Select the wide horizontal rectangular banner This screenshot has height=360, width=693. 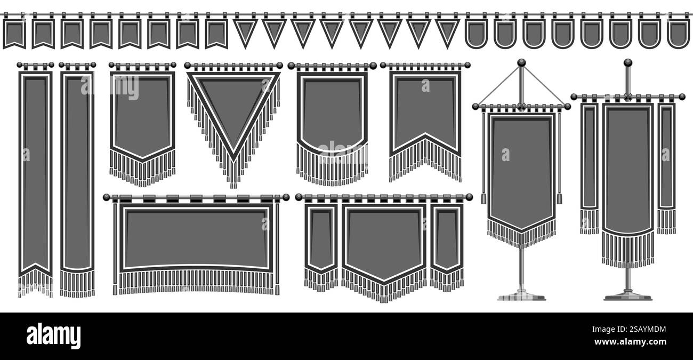pyautogui.click(x=196, y=237)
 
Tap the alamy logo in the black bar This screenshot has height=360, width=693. pyautogui.click(x=53, y=336)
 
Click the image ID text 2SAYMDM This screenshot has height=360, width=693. pyautogui.click(x=639, y=330)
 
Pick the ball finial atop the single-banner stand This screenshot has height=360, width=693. pyautogui.click(x=521, y=63)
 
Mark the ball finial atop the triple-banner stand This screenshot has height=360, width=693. pyautogui.click(x=627, y=62)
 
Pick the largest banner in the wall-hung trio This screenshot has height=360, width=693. pyautogui.click(x=384, y=243)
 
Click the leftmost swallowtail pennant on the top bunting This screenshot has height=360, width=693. pyautogui.click(x=14, y=33)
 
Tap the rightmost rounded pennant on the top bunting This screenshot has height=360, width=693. pyautogui.click(x=678, y=33)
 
